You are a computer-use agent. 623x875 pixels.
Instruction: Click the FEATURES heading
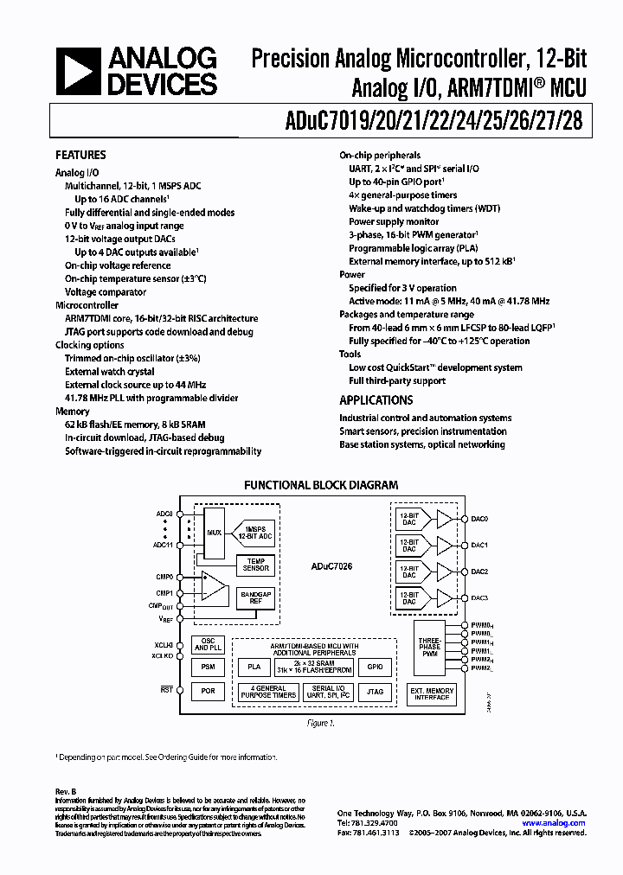tap(80, 156)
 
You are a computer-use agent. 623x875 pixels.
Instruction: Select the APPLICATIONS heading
tap(376, 400)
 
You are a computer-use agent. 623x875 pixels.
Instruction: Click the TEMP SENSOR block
tap(255, 564)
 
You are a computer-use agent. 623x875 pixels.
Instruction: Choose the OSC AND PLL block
tap(208, 644)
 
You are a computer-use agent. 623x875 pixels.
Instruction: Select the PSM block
tap(208, 667)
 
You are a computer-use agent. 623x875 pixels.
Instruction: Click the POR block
tap(208, 692)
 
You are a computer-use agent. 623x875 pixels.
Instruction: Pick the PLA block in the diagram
tap(254, 667)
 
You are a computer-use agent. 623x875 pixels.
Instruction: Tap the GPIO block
tap(374, 667)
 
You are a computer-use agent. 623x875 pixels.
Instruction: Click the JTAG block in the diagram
tap(374, 692)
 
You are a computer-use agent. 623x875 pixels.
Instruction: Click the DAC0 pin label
tap(480, 519)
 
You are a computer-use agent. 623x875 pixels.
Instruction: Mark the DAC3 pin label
tap(480, 598)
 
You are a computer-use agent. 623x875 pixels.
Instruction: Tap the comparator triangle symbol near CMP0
tap(211, 586)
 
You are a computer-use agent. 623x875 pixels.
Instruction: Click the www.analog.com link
tap(556, 823)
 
